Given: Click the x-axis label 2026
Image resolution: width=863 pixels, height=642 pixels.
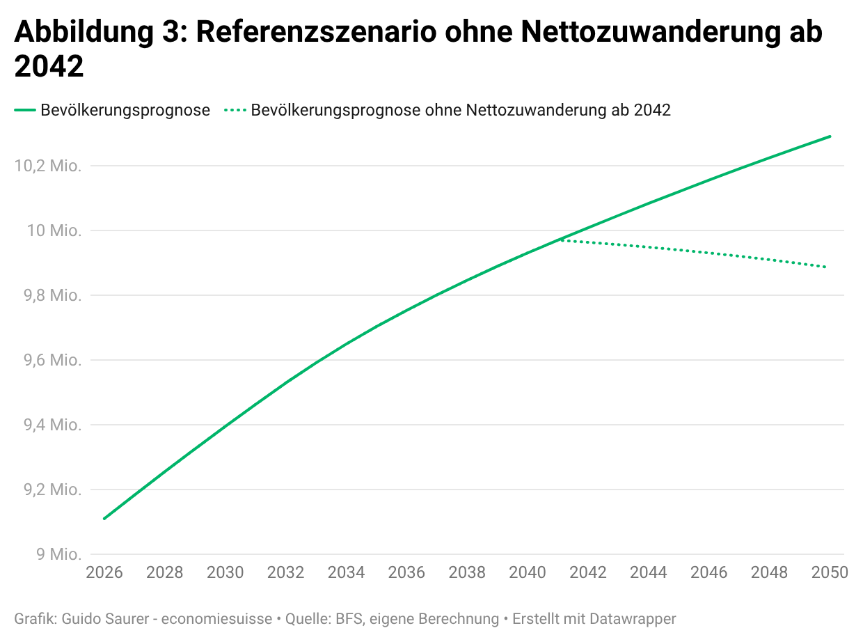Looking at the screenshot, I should (x=104, y=572).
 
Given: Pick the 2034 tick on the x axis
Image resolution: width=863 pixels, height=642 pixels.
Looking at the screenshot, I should (x=346, y=572).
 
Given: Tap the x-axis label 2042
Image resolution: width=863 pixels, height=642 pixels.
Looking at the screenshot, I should (x=588, y=572).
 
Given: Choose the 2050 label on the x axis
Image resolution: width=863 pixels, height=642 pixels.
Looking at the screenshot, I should (x=830, y=572).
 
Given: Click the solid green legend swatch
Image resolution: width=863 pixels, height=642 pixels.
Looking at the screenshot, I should (x=25, y=110).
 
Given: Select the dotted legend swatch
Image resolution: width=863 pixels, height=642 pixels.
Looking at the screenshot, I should (x=235, y=110).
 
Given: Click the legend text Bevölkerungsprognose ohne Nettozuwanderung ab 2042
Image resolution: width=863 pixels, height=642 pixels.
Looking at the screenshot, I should (x=461, y=110).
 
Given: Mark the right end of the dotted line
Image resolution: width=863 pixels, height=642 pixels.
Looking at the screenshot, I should (x=826, y=267).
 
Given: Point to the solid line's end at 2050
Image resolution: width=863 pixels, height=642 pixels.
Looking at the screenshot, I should (x=830, y=136).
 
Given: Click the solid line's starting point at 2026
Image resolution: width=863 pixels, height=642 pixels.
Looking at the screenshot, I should (x=104, y=519).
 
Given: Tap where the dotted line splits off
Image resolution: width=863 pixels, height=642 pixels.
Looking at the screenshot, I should (x=558, y=240).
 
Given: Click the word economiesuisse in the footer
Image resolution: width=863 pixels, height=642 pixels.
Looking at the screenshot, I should (x=216, y=618).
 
